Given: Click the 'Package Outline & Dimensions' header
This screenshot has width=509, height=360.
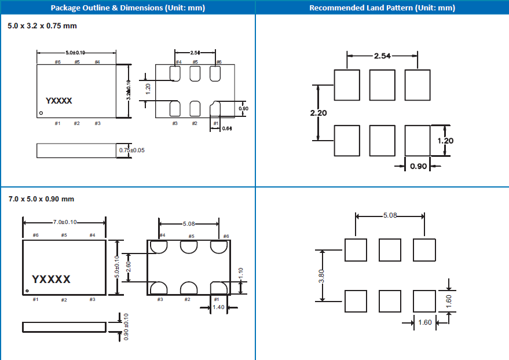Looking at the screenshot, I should [x=127, y=8].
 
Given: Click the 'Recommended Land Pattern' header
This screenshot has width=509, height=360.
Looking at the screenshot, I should [x=382, y=8].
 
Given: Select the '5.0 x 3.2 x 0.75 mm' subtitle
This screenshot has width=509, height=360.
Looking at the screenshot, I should [x=42, y=26].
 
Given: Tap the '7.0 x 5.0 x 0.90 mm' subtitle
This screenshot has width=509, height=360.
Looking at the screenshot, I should [x=41, y=199].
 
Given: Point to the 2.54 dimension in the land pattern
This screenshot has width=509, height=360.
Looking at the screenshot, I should [x=382, y=56].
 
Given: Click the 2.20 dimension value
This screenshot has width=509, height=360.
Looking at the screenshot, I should [x=318, y=113].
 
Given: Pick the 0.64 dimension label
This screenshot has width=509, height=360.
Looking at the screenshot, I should [x=228, y=128].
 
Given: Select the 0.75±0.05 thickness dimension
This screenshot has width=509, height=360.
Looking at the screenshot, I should [x=131, y=150].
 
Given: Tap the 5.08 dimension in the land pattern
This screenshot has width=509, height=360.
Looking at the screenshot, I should [x=390, y=215].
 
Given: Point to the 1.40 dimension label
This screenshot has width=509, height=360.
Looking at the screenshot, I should [x=218, y=307].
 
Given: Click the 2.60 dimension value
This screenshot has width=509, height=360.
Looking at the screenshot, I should [x=129, y=267].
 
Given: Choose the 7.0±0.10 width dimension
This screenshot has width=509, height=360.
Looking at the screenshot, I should [x=64, y=222].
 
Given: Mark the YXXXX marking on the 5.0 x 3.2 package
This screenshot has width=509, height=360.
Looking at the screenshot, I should [x=59, y=101].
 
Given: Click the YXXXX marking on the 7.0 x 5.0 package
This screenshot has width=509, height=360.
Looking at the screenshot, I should [x=52, y=280].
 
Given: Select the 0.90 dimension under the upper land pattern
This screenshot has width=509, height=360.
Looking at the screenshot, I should [x=417, y=166].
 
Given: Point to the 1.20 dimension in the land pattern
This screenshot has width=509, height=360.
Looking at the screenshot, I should [x=446, y=141].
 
